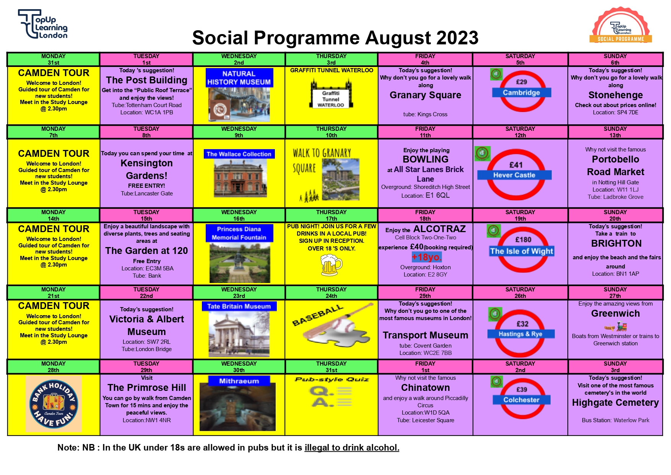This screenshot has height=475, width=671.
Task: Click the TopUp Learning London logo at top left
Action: [x=43, y=24]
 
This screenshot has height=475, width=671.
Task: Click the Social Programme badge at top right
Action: [x=621, y=25]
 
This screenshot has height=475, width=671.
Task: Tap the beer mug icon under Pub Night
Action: [x=331, y=265]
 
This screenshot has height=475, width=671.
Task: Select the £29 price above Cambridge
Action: [x=522, y=82]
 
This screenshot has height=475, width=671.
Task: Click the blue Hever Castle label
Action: [x=514, y=175]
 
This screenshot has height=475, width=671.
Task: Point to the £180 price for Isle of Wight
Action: [x=523, y=240]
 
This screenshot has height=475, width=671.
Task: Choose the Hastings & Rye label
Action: [x=520, y=334]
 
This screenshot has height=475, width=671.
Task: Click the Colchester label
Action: [x=521, y=400]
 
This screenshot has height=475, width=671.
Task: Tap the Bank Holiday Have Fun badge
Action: [x=54, y=404]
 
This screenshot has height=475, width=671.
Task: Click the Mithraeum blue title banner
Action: [x=239, y=381]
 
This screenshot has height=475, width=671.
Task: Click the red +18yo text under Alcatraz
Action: [x=427, y=257]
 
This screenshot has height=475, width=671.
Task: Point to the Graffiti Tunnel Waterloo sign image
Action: [x=331, y=95]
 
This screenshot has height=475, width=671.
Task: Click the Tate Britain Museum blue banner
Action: [x=239, y=306]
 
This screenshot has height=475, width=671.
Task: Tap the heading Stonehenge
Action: [x=616, y=95]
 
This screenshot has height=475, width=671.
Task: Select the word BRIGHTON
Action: [x=616, y=244]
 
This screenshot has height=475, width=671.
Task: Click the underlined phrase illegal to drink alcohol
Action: [x=352, y=447]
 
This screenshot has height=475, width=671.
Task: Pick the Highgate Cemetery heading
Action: [x=616, y=403]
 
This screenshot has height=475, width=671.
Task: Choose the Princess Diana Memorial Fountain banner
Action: [x=239, y=233]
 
